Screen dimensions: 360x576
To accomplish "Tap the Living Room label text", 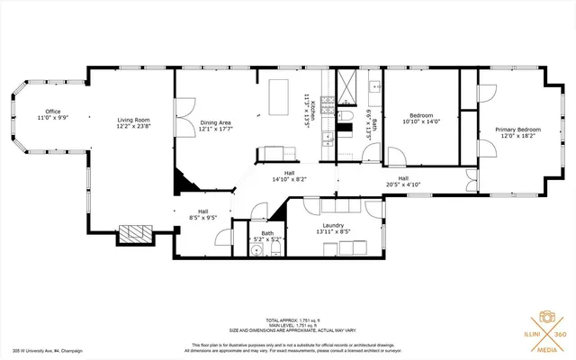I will coord(132,121).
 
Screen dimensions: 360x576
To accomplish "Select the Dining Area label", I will coord(216,122).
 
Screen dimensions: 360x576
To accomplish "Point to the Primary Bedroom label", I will coord(517,130).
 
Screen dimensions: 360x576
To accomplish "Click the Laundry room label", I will coord(334,226).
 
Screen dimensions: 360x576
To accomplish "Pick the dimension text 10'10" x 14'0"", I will coord(421,121).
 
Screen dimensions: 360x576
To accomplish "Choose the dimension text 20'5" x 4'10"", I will coord(403,184).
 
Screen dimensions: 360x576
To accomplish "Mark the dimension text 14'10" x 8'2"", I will coord(290,179).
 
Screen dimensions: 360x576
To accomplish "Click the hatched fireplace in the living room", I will coord(139,233).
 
